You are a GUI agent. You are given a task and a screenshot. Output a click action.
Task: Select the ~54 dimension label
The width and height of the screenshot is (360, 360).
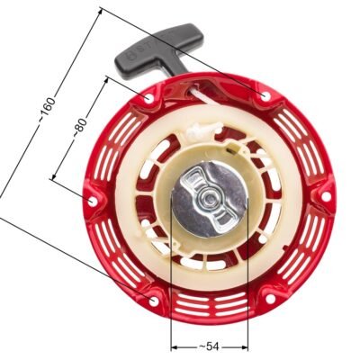[x=207, y=345]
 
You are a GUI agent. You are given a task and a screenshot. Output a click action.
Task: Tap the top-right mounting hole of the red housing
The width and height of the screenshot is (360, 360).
[x=262, y=95]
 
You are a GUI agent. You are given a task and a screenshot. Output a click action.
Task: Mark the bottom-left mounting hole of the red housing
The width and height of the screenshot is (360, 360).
[x=152, y=298]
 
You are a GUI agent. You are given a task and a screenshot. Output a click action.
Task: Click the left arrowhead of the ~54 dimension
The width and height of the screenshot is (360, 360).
[x=173, y=345]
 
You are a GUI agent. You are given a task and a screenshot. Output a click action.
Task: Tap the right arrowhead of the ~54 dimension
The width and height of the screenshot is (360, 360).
[x=243, y=345]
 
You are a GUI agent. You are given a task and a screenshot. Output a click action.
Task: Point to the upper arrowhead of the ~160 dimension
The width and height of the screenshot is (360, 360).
[x=102, y=12]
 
